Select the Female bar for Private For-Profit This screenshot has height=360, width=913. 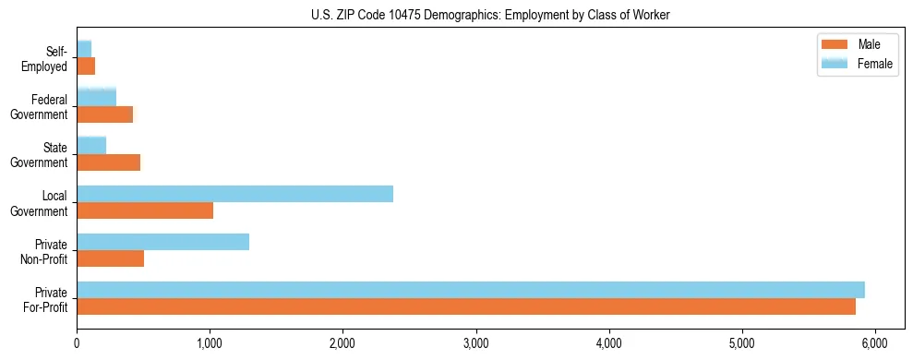471,290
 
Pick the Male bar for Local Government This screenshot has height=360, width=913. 145,210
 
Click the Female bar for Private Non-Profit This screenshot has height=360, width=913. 162,242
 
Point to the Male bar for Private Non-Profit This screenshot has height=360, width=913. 110,258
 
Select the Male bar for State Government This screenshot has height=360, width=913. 108,162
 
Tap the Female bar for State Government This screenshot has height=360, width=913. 91,146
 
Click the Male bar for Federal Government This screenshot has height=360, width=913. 104,114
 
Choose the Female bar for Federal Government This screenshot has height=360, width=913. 96,98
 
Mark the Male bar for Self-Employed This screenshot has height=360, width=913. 86,66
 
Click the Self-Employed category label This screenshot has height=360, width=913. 50,58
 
